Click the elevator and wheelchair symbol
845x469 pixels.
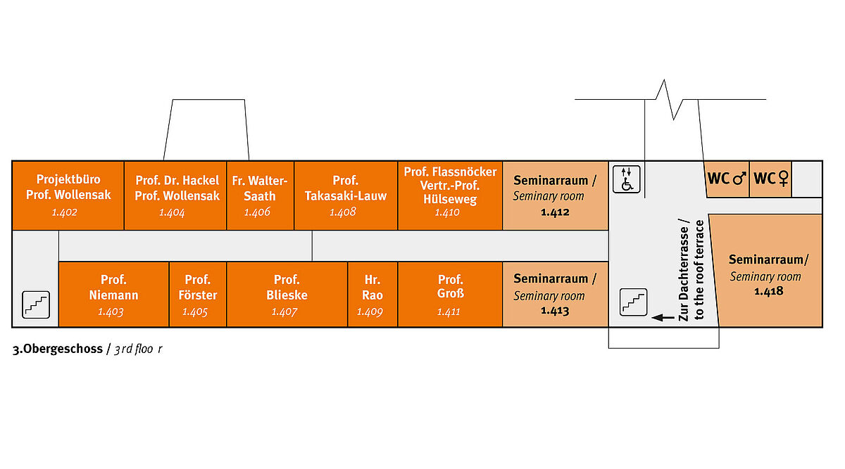(626, 179)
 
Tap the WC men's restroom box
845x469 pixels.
(727, 179)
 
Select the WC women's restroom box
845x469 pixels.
(772, 179)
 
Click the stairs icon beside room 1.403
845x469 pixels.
(36, 304)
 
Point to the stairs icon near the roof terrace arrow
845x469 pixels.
(632, 302)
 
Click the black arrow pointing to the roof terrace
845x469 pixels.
(663, 318)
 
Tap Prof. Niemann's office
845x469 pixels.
(113, 294)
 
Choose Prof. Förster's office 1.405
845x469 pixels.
(197, 294)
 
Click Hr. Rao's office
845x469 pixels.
(373, 294)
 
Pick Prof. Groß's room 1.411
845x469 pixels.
(450, 294)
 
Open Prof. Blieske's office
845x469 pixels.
(287, 294)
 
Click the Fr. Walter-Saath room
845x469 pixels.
(260, 195)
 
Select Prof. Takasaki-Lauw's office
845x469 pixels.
(346, 195)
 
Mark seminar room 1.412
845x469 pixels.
(555, 195)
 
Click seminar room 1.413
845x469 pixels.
(555, 294)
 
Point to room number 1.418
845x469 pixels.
(768, 290)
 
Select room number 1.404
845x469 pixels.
(172, 212)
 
